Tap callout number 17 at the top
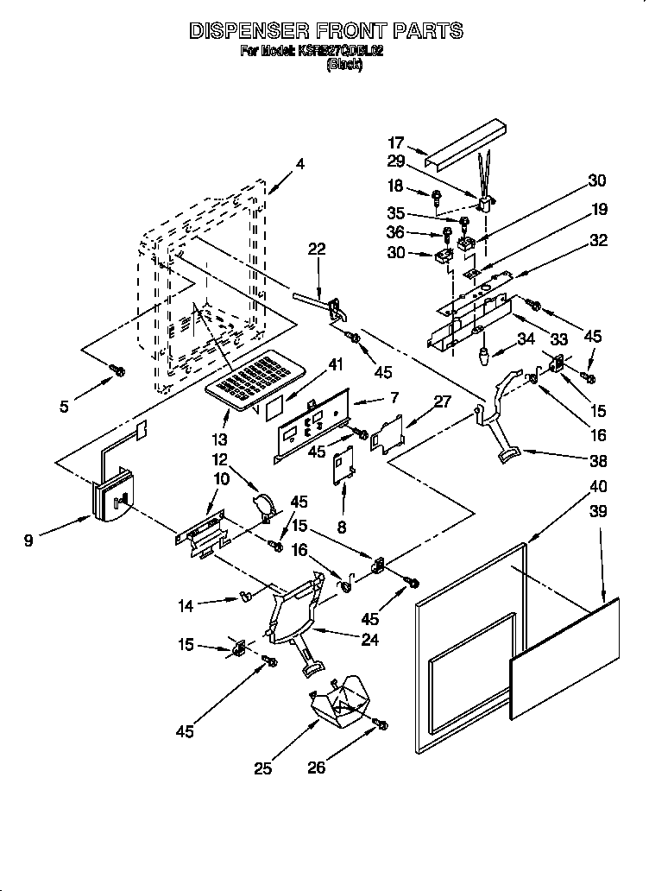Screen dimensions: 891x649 (396, 142)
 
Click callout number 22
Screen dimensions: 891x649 (317, 249)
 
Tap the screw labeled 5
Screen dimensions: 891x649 (117, 371)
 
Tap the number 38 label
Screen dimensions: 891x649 (597, 461)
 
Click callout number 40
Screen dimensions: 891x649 (597, 485)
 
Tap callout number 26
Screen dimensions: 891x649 (317, 767)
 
